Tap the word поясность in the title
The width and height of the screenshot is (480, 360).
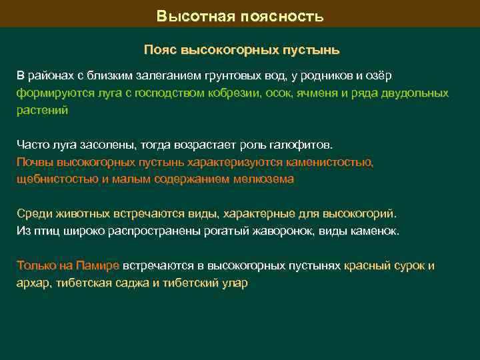coord(283,16)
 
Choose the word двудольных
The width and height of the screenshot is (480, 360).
coord(413,93)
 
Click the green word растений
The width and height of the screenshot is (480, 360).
coord(42,111)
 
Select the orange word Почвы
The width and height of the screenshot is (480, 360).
coord(33,162)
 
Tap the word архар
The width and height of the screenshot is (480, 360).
coord(32,283)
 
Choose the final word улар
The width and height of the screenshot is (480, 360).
coord(235,283)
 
